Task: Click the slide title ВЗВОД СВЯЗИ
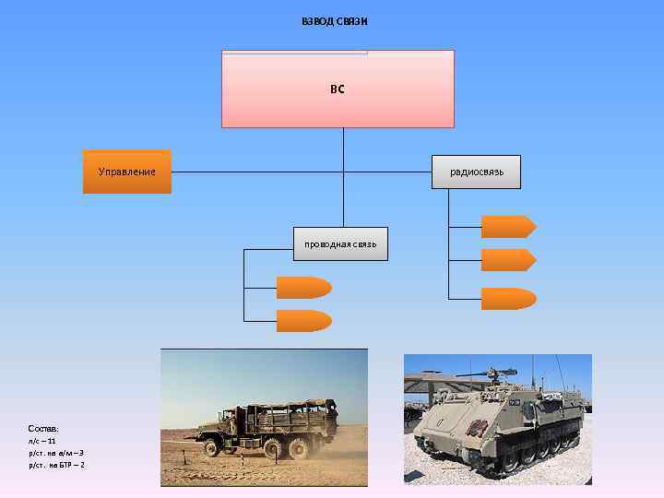coord(335,21)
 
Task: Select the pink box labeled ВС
coord(338,89)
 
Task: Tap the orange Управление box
coord(127,172)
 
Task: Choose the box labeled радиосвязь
coord(476,172)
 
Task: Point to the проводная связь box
coord(340,243)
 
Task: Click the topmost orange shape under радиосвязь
coord(508,227)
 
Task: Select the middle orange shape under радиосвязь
coord(508,260)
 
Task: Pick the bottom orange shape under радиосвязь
coord(508,298)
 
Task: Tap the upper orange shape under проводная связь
coord(303,288)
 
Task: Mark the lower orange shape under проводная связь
coord(303,321)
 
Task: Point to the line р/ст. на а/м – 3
coord(57,454)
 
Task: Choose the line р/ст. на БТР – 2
coord(57,466)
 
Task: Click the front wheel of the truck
coord(211,448)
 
